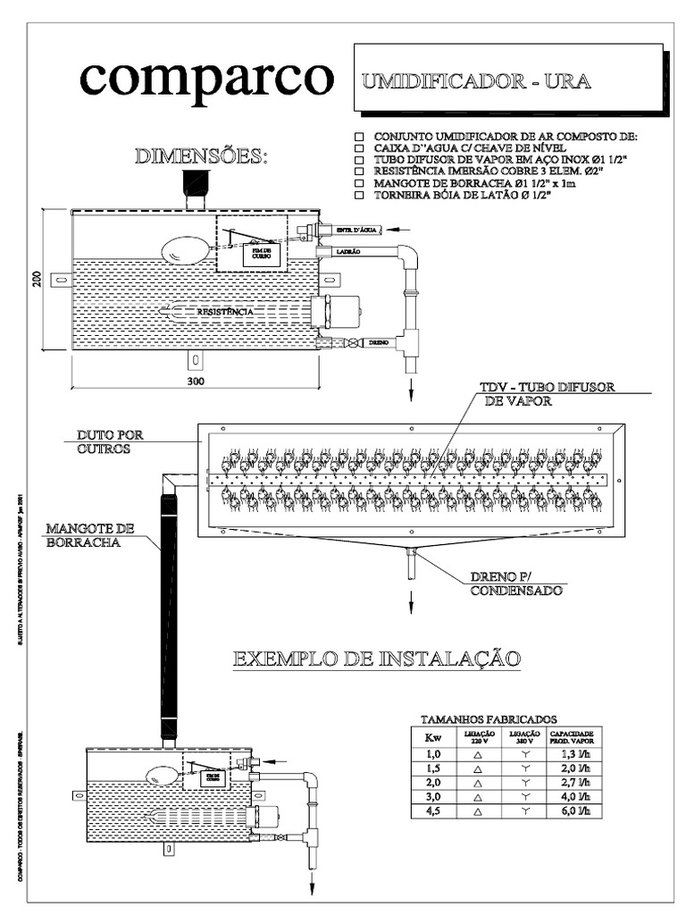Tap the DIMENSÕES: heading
[x=201, y=157]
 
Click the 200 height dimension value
[x=38, y=280]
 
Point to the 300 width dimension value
[x=197, y=382]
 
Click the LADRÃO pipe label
[x=348, y=252]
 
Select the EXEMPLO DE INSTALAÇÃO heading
[x=376, y=659]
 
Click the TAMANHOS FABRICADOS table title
[x=489, y=718]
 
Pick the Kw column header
[x=433, y=737]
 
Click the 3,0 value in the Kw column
[x=433, y=795]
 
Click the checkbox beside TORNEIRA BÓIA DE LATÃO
[x=359, y=195]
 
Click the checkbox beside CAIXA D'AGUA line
[x=359, y=148]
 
